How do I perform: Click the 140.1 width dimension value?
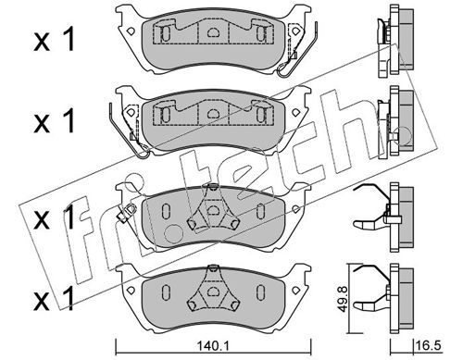click(x=212, y=347)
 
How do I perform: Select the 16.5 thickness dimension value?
click(x=429, y=345)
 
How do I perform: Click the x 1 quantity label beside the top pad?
click(x=55, y=39)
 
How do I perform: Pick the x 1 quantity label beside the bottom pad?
click(x=55, y=298)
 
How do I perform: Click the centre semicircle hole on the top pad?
click(x=212, y=31)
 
